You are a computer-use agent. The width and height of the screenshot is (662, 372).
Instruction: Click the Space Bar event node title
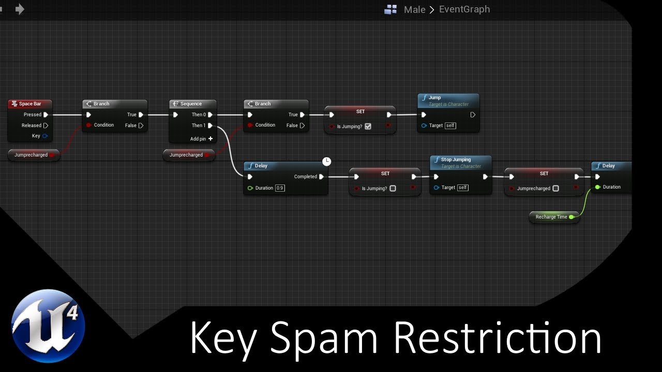click(30, 104)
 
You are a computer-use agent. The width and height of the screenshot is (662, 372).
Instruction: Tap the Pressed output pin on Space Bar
click(46, 115)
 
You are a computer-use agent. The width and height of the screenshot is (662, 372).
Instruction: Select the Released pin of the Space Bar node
click(46, 126)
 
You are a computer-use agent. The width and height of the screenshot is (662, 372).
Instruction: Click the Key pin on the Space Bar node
click(45, 136)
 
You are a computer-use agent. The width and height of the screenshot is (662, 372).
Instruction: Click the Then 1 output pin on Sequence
click(210, 126)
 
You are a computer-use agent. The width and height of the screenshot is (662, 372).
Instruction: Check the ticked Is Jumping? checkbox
click(368, 127)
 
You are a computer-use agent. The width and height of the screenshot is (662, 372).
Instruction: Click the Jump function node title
click(434, 98)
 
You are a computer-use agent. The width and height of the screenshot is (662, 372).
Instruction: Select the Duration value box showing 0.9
click(280, 188)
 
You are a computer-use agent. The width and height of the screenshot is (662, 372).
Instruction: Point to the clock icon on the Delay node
click(326, 162)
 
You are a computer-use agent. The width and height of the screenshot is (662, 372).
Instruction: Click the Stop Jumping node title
click(455, 160)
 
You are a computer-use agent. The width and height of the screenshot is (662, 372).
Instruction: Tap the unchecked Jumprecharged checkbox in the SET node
click(555, 189)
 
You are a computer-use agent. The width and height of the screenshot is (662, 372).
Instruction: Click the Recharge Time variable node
click(551, 217)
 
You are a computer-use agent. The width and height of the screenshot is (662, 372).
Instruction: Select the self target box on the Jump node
click(450, 126)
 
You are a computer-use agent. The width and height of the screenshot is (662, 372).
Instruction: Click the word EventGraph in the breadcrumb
click(464, 9)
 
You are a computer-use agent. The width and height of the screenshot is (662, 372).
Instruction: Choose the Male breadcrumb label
click(414, 9)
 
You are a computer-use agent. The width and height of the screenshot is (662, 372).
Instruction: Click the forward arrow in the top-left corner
click(20, 9)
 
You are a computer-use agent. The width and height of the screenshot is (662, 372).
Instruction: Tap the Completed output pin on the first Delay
click(321, 177)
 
